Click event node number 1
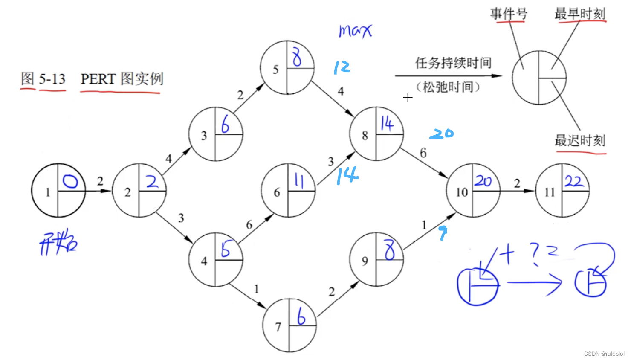(x=58, y=190)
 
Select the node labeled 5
(x=287, y=67)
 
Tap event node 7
(x=289, y=325)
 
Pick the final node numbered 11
(x=562, y=191)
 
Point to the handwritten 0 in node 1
(x=70, y=182)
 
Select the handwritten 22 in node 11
(x=574, y=181)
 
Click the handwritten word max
(x=355, y=30)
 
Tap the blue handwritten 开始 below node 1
(x=58, y=244)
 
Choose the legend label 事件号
(x=508, y=14)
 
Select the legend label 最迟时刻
(x=580, y=140)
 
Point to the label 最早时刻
(x=580, y=14)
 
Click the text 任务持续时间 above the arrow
(x=453, y=63)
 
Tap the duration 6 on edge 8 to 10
(x=423, y=153)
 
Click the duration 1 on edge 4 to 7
(x=256, y=289)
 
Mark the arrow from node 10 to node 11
(x=517, y=191)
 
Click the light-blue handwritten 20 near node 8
(x=441, y=134)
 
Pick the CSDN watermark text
(x=604, y=354)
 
